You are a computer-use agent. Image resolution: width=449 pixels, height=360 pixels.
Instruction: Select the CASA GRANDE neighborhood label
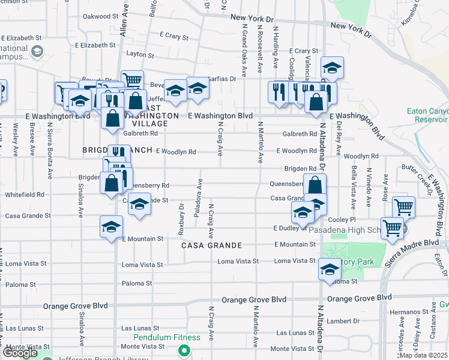tap(212, 245)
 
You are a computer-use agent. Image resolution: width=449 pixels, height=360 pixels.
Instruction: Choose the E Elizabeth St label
tap(20, 37)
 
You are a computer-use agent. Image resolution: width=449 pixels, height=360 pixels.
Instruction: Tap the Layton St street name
tap(141, 55)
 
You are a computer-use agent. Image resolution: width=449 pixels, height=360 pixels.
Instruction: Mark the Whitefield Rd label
tap(25, 194)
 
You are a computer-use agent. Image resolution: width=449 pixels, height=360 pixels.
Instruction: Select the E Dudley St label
tap(290, 228)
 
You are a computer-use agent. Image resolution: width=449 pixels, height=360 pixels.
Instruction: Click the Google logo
tap(20, 352)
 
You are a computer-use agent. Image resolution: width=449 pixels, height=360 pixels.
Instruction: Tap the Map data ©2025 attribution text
tap(423, 355)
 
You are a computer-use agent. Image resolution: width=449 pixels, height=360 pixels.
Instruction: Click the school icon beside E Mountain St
tap(111, 227)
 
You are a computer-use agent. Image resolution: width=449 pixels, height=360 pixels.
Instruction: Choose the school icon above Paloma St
tap(330, 269)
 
